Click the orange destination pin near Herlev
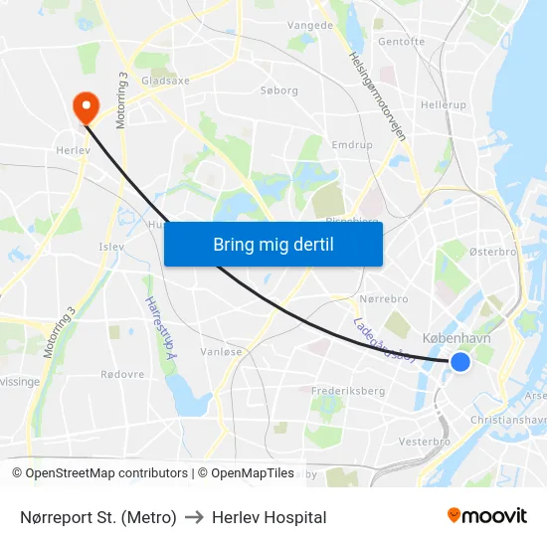click(86, 106)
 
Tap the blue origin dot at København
click(460, 362)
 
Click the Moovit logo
click(486, 515)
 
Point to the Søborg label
click(278, 91)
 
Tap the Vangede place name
click(309, 25)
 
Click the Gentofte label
click(401, 42)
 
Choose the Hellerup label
click(443, 104)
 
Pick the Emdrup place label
click(351, 143)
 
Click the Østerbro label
click(492, 253)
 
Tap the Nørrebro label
click(383, 298)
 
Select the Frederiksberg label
click(348, 391)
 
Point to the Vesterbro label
click(424, 441)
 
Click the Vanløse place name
click(221, 351)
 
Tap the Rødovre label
click(121, 375)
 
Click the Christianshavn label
click(509, 420)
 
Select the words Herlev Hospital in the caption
click(269, 517)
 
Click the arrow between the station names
click(194, 517)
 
